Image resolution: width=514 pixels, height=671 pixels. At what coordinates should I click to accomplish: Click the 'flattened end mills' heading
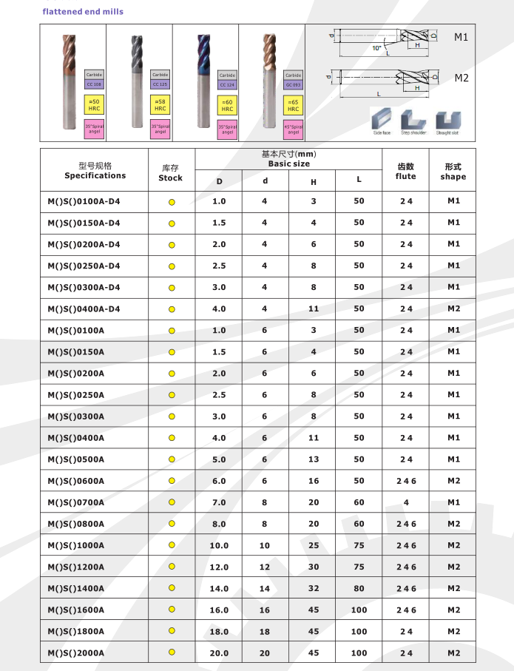click(x=83, y=12)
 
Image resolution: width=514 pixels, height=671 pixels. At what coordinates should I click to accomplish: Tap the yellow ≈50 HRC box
click(x=94, y=104)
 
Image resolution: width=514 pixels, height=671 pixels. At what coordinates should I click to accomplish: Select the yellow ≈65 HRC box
click(x=293, y=104)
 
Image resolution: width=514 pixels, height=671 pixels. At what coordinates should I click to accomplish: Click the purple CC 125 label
click(x=160, y=84)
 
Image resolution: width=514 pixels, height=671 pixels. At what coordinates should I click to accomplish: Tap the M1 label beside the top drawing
click(x=461, y=37)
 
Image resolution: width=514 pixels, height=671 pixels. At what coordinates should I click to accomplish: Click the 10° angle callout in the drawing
click(x=376, y=48)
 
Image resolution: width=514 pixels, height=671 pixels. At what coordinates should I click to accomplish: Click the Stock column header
click(x=170, y=173)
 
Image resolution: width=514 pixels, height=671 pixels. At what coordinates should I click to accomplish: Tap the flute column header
click(x=406, y=172)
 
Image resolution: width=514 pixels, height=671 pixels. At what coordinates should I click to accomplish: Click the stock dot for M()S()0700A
click(x=172, y=502)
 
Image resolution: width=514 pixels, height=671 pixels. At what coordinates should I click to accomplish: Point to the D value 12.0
click(x=219, y=567)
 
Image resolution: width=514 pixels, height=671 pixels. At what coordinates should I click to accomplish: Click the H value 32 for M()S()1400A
click(x=314, y=589)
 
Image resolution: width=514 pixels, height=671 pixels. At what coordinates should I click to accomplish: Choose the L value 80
click(x=359, y=589)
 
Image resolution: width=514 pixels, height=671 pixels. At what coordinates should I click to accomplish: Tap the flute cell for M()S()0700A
click(x=406, y=502)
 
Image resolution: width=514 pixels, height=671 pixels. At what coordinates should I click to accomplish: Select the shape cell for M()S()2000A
click(x=453, y=653)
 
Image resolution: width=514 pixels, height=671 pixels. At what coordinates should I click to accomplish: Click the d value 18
click(x=265, y=632)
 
